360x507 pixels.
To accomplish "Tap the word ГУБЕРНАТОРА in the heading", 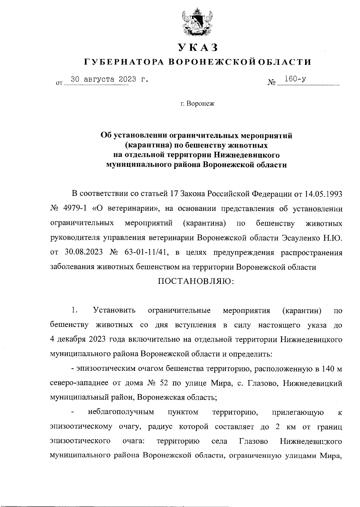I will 124,62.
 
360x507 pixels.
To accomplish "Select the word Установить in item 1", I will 114,310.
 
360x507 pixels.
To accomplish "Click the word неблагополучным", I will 121,412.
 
